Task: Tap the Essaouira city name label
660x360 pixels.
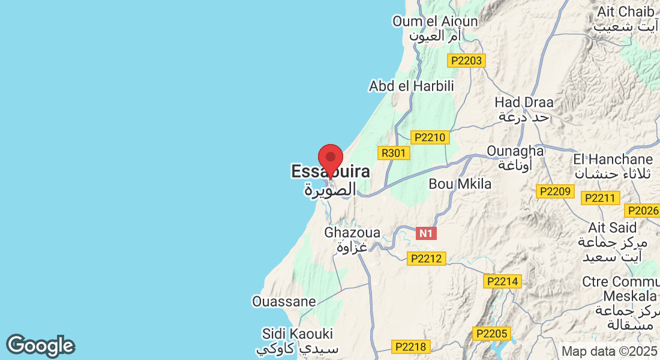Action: coord(331,172)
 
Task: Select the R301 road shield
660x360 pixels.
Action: coord(394,153)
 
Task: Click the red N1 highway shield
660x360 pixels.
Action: coord(426,233)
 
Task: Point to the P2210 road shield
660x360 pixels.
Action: coord(428,137)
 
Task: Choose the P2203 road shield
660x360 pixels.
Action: coord(466,61)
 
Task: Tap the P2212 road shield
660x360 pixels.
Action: coord(425,259)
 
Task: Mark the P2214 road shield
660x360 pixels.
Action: coord(503,281)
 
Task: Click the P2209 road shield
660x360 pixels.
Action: coord(555,191)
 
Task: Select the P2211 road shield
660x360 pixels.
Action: coord(601,198)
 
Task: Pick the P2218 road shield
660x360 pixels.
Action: coord(410,346)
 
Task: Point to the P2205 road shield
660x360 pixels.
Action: coord(491,334)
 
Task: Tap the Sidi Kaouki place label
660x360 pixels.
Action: coord(298,334)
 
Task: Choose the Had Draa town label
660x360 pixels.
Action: coord(524,103)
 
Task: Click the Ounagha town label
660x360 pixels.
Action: coord(515,151)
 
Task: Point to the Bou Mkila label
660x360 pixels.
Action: coord(460,184)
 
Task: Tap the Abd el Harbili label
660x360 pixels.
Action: coord(412,86)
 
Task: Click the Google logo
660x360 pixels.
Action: coord(40,346)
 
